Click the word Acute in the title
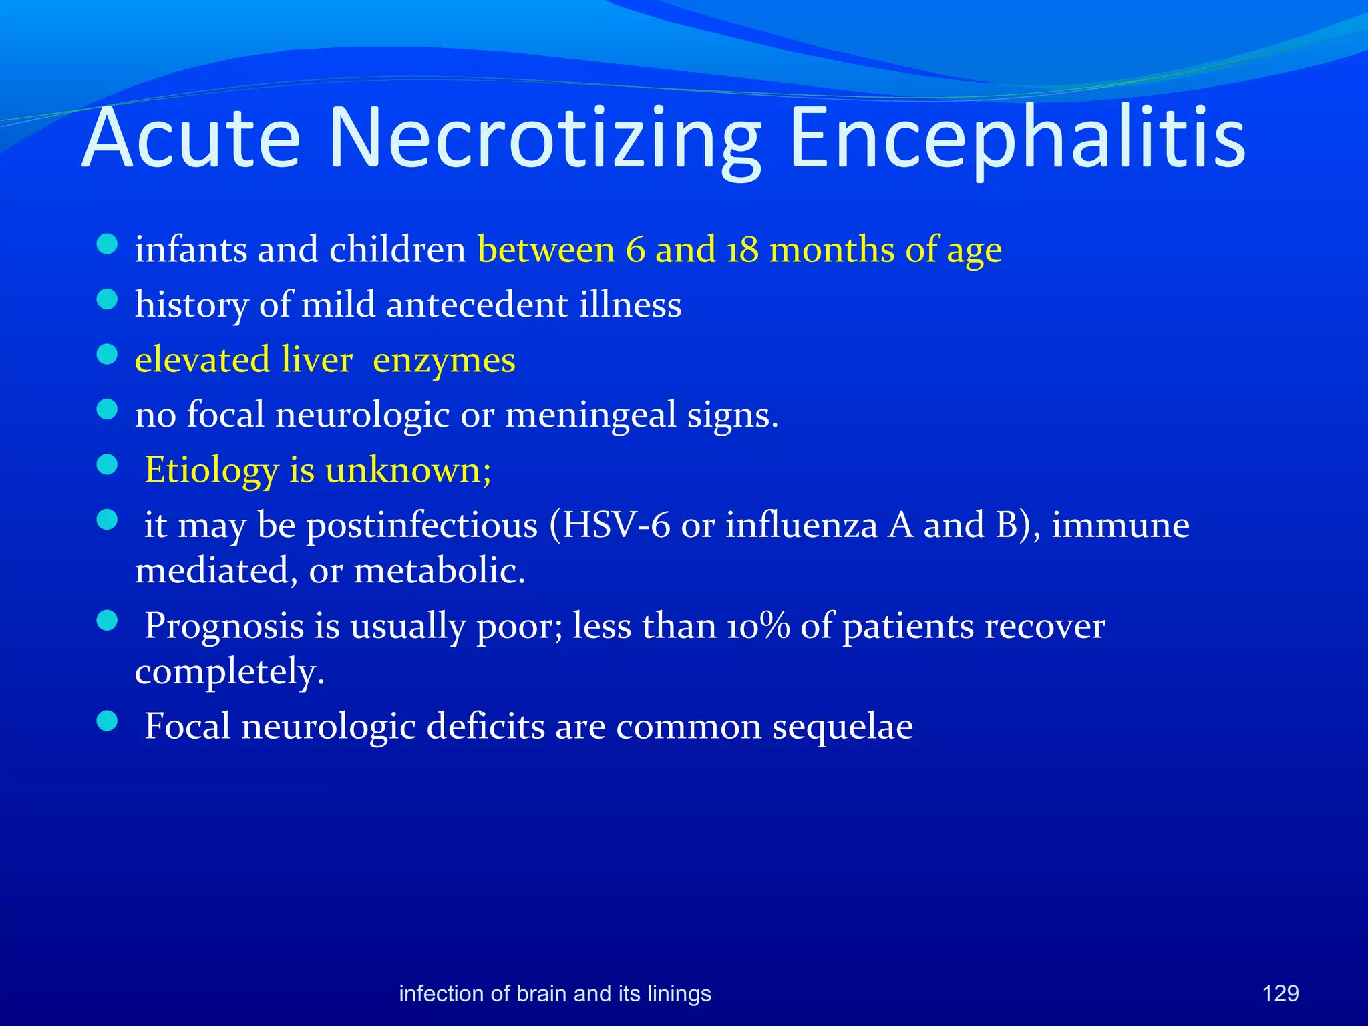pos(192,139)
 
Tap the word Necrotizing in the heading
pos(544,139)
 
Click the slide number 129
pos(1280,993)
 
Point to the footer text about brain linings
pos(554,993)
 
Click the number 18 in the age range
pos(742,250)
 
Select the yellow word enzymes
pos(444,361)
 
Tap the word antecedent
pos(477,305)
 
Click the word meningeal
pos(590,415)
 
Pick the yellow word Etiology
pos(211,470)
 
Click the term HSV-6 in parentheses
pos(616,525)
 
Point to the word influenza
pos(801,525)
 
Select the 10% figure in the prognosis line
pos(758,627)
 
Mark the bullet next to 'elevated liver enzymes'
pos(107,353)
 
